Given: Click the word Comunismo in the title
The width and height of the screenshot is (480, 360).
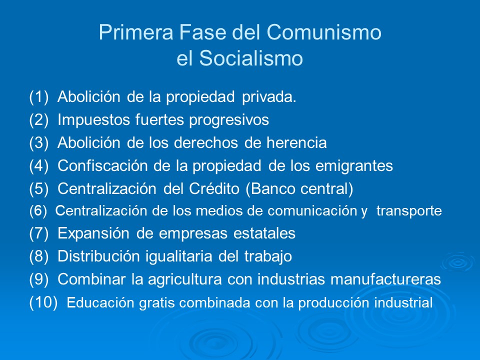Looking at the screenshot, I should [x=324, y=33].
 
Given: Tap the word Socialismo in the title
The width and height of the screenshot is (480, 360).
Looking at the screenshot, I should [x=252, y=59].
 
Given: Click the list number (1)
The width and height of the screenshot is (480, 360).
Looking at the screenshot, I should [x=39, y=97].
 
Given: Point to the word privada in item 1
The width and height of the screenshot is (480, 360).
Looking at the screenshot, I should [x=269, y=97].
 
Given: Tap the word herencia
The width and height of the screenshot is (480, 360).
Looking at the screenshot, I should [x=299, y=143].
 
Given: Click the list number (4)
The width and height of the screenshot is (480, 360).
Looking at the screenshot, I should [x=39, y=166].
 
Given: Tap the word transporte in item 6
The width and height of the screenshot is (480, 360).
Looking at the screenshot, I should [x=409, y=211].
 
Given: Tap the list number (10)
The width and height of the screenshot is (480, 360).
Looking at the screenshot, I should [x=43, y=302].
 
